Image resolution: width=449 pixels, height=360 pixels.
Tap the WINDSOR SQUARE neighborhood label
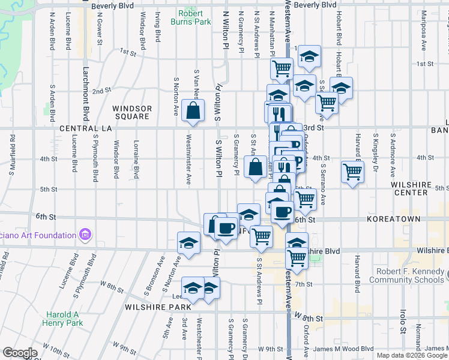(x=132, y=112)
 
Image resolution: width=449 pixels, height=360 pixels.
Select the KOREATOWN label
(x=396, y=220)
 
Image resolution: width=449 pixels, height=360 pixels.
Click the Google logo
(x=20, y=353)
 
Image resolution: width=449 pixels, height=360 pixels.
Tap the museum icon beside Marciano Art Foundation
(x=85, y=235)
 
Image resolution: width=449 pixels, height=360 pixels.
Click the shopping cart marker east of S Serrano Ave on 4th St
(x=352, y=172)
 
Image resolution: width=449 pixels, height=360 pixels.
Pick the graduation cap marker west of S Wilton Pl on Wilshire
(x=188, y=244)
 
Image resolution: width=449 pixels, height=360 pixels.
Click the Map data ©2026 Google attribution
(x=412, y=355)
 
